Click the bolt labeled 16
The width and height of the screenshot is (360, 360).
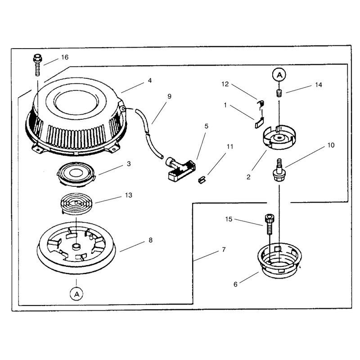coord(37,65)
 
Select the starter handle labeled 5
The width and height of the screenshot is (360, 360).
coord(180,170)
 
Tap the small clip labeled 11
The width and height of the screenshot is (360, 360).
coord(202,180)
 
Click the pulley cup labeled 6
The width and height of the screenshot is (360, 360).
coord(279,261)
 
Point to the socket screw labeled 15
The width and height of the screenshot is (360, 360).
coord(270,224)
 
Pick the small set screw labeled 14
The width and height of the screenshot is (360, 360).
coord(279,93)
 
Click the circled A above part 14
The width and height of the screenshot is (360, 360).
coord(279,75)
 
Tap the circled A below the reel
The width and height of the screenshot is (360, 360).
coord(76,294)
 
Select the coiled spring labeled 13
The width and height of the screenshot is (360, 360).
coord(76,204)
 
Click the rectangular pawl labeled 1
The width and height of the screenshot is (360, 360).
coord(260,122)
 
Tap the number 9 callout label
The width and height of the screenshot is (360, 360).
coord(170,96)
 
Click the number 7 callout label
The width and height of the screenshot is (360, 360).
coord(224,250)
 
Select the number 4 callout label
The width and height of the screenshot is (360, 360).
coord(150,81)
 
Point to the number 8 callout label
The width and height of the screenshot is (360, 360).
coord(150,240)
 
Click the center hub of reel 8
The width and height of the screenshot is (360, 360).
coord(76,247)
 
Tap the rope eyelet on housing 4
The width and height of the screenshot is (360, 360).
coord(123,108)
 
